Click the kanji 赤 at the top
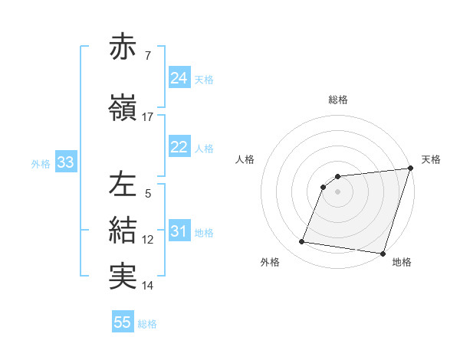(123, 47)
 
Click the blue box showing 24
(179, 77)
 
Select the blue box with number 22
(179, 147)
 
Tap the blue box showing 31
(179, 231)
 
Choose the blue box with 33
(65, 162)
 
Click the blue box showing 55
(123, 322)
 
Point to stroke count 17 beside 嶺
(148, 116)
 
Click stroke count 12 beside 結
(148, 240)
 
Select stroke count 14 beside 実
(148, 286)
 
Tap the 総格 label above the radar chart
(338, 100)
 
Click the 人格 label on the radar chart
(245, 159)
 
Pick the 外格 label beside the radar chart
(270, 262)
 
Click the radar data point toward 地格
(383, 253)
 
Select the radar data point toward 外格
(302, 242)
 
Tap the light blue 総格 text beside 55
(147, 323)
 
